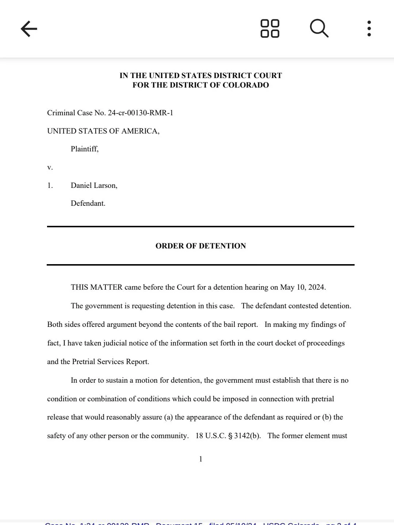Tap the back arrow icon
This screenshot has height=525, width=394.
(x=29, y=29)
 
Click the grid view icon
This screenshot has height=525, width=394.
(x=270, y=28)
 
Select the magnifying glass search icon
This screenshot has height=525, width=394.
(x=319, y=28)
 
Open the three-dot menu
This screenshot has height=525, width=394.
(x=369, y=28)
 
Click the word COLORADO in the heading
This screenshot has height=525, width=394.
(x=246, y=85)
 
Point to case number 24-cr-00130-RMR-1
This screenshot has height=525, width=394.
(x=140, y=113)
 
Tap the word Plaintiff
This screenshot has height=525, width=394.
(x=84, y=149)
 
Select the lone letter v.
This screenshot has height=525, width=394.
(x=50, y=167)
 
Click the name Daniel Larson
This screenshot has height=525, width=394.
(x=94, y=185)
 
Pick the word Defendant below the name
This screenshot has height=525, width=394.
(x=88, y=203)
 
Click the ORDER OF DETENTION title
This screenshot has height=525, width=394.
(x=201, y=246)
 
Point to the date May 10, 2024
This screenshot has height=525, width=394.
(x=302, y=287)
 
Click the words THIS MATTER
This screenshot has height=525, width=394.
(x=97, y=287)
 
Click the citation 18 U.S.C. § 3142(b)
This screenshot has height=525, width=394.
(x=228, y=436)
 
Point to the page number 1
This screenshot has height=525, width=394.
(x=201, y=459)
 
